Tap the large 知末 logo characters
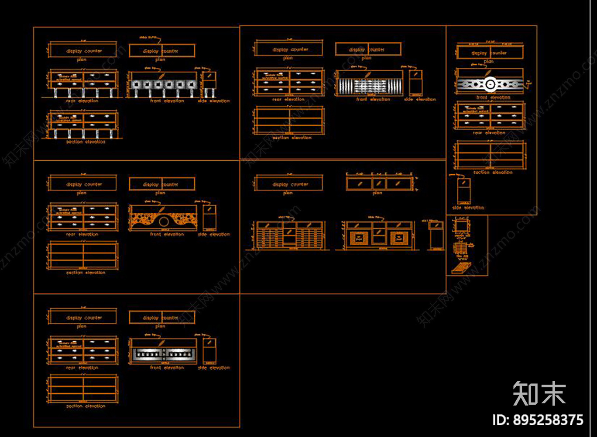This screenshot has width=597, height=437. coord(539,394)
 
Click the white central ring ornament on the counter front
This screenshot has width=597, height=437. coord(490,84)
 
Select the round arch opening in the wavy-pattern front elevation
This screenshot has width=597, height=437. coord(164,222)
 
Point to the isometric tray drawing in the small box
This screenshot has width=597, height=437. coord(461,268)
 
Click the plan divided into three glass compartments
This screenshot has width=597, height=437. coord(379,184)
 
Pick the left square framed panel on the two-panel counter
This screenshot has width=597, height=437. coord(359,238)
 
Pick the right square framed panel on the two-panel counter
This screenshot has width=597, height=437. coord(398,238)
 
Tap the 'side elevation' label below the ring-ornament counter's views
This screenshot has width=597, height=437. coord(468,208)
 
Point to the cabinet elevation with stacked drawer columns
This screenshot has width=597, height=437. coord(290,236)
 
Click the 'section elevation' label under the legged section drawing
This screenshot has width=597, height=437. coord(86,142)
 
